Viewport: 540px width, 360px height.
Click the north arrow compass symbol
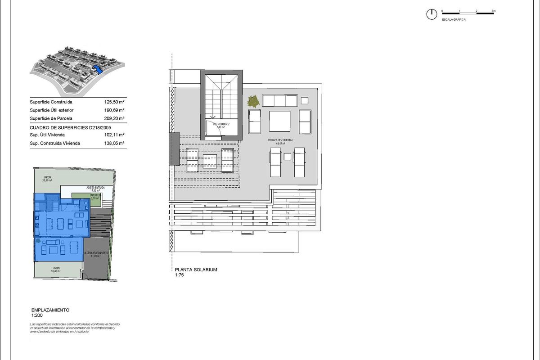coord(431,14)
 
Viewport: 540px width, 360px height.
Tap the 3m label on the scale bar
coord(493,10)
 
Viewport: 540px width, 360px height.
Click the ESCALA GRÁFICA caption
coord(453,20)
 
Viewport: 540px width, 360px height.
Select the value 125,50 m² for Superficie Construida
coord(114,102)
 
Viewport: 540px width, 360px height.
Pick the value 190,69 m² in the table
coord(114,110)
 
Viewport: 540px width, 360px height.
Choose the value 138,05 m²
coord(114,143)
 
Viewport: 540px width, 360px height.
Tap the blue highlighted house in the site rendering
coord(98,69)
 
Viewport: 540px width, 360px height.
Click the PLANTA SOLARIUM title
coord(196,270)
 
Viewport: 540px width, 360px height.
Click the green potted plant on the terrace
coord(253,102)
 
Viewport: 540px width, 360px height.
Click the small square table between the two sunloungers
coord(287,156)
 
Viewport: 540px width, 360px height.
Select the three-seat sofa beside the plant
coord(280,100)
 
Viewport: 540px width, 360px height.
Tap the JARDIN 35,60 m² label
coord(46,178)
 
